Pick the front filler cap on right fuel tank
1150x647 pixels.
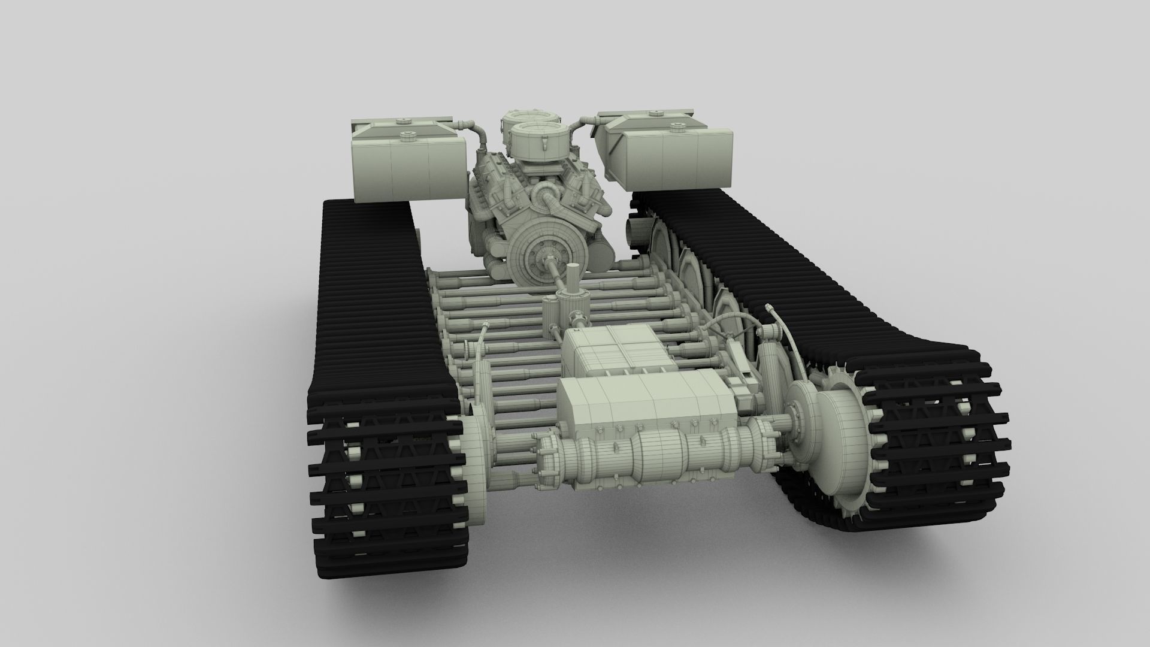pos(678,127)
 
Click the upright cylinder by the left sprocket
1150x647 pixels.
pos(479,383)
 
